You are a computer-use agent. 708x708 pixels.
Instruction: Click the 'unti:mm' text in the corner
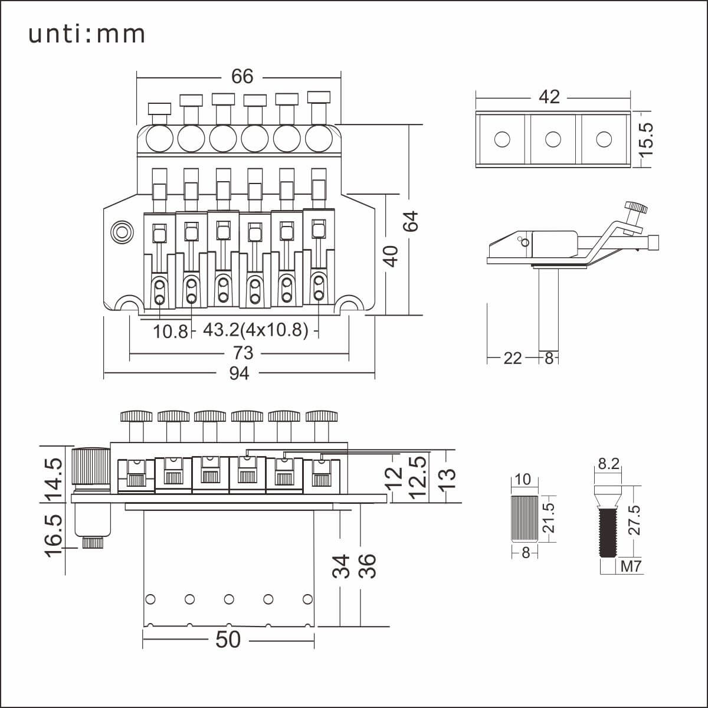(87, 35)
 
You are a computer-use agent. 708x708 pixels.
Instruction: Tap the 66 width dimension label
(242, 76)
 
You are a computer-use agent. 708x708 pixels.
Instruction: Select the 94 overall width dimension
(239, 373)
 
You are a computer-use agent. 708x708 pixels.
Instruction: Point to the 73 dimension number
(242, 353)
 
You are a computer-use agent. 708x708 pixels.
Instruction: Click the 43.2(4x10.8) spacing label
(255, 330)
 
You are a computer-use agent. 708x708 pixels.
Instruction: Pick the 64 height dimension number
(411, 221)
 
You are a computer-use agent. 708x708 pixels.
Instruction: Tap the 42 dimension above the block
(549, 97)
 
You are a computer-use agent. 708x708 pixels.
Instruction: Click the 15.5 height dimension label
(646, 139)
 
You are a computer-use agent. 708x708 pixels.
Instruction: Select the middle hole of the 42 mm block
(553, 139)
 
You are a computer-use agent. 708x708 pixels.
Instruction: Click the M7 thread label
(631, 567)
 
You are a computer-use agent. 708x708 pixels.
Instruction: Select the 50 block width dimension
(228, 640)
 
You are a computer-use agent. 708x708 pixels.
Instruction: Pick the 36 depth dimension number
(367, 566)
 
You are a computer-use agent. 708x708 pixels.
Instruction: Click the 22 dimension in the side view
(513, 358)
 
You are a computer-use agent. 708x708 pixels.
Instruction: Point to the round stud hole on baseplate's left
(123, 231)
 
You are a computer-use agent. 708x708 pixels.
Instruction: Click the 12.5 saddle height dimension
(418, 477)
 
